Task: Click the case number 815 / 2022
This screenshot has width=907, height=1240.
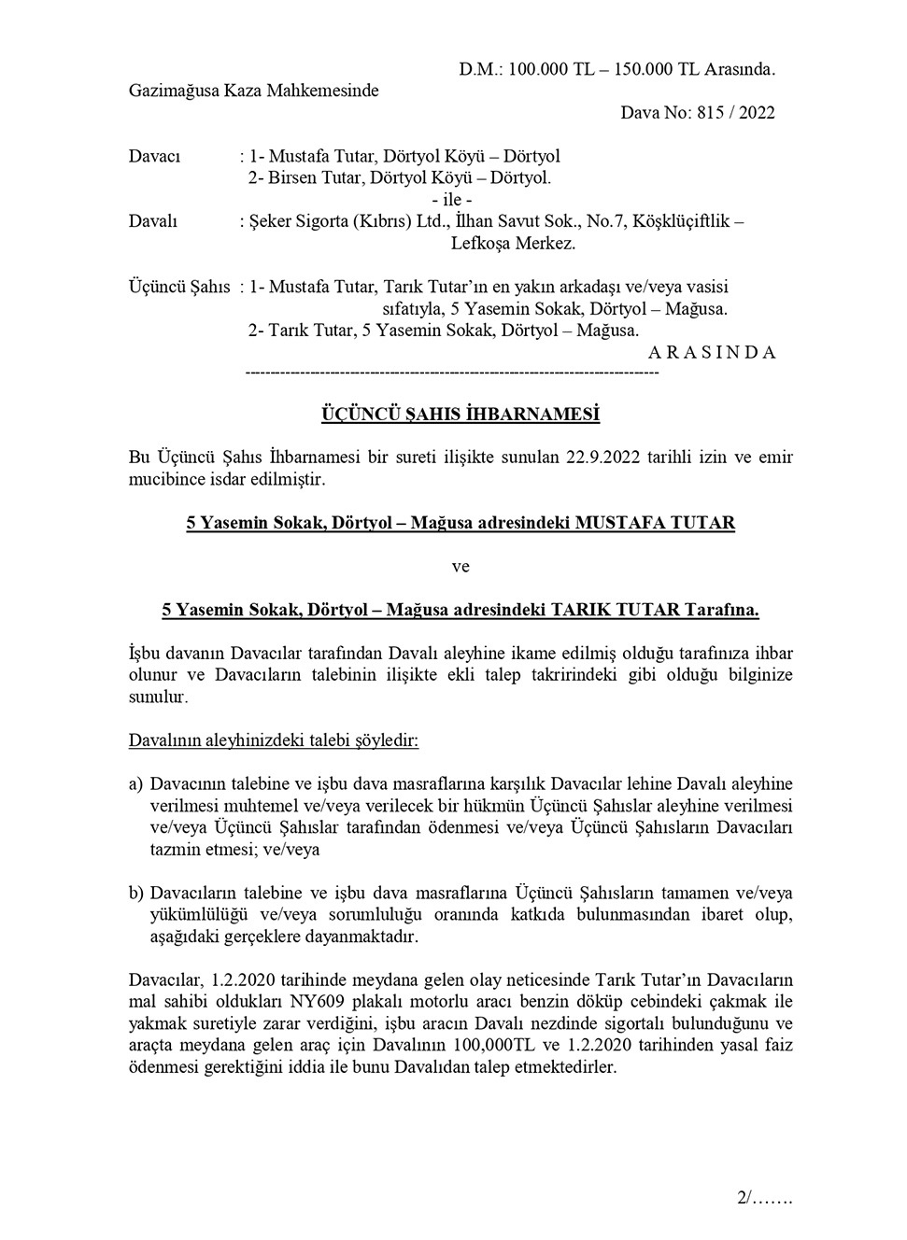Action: (x=736, y=113)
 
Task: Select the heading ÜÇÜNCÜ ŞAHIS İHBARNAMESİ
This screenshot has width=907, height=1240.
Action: (x=461, y=414)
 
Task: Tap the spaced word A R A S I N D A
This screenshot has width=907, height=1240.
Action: (x=712, y=353)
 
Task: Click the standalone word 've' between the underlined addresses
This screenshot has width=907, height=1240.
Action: (x=461, y=567)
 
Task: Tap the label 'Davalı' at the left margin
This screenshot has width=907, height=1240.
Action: (x=152, y=222)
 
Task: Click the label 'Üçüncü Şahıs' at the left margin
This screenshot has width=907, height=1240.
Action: (x=178, y=287)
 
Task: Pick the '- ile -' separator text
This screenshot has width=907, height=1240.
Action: (x=452, y=200)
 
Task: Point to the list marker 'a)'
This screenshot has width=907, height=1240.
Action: (x=135, y=783)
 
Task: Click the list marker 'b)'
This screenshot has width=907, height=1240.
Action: (x=136, y=893)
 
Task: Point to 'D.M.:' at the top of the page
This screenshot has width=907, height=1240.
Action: (x=481, y=69)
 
